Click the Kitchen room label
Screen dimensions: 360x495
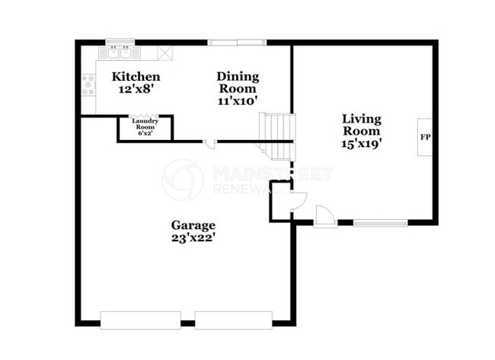coord(136,76)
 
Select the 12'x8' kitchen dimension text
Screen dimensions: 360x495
coord(136,89)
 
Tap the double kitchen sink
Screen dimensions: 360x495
coord(120,53)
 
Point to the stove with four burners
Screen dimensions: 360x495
coord(88,84)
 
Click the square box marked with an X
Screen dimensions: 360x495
coord(164,53)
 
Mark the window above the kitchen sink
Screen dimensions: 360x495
coord(120,41)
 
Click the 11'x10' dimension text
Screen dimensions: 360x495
coord(238,100)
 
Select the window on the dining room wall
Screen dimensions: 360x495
coord(238,42)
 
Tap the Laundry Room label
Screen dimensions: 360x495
coord(144,123)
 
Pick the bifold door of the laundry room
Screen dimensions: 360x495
coord(144,116)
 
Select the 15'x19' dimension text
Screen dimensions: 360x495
coord(361,142)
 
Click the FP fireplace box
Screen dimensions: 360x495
coord(424,138)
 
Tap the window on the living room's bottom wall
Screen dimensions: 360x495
coord(381,223)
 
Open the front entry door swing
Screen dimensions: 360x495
coord(324,216)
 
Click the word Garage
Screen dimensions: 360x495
coord(193,225)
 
